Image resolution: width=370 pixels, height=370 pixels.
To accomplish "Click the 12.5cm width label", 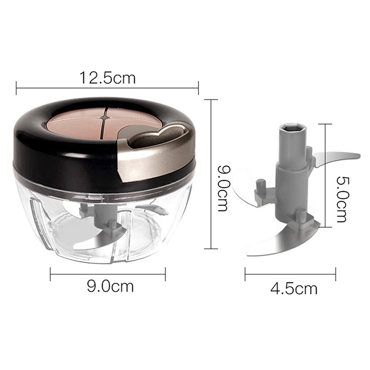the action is (108, 78).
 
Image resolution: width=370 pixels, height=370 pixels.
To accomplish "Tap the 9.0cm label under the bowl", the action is (111, 286).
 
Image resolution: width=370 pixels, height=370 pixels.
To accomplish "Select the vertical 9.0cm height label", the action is (222, 188).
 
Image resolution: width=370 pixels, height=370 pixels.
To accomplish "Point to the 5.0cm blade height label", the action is (342, 199).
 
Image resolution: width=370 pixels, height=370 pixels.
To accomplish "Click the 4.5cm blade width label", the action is (294, 288).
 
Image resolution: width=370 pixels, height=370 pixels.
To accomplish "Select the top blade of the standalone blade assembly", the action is (336, 159).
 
